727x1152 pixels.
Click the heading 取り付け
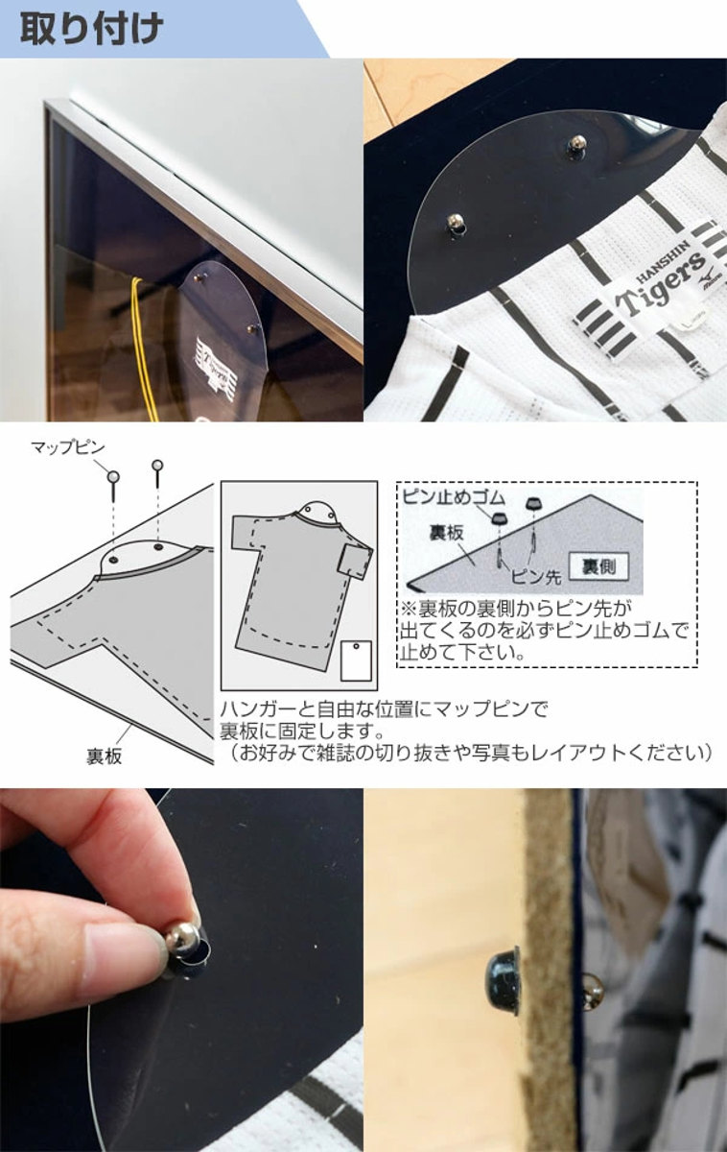(92, 28)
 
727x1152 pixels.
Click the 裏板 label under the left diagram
(103, 756)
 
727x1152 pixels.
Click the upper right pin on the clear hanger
(576, 146)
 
